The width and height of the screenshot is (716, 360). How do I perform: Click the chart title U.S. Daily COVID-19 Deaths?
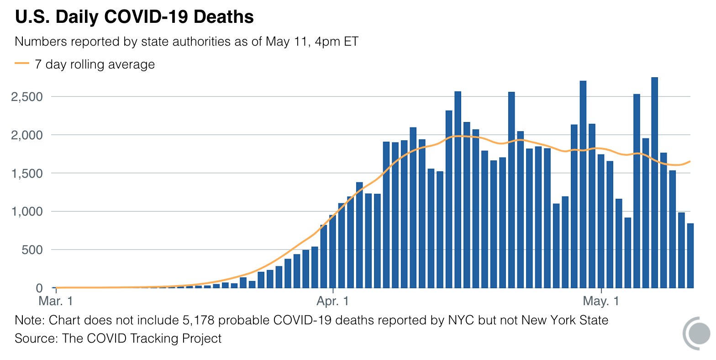tap(134, 17)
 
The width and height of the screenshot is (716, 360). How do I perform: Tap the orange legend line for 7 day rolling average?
tap(21, 64)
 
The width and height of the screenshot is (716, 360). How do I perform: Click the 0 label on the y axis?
tap(39, 288)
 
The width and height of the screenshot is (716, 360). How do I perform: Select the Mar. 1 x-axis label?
tap(55, 302)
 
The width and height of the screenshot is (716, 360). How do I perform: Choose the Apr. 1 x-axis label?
tap(333, 302)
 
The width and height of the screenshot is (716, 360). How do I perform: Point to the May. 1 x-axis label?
tap(601, 302)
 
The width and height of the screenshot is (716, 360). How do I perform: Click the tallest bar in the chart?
tap(654, 183)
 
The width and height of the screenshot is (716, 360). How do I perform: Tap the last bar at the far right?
tap(690, 256)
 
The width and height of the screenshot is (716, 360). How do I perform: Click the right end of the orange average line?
tap(690, 161)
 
